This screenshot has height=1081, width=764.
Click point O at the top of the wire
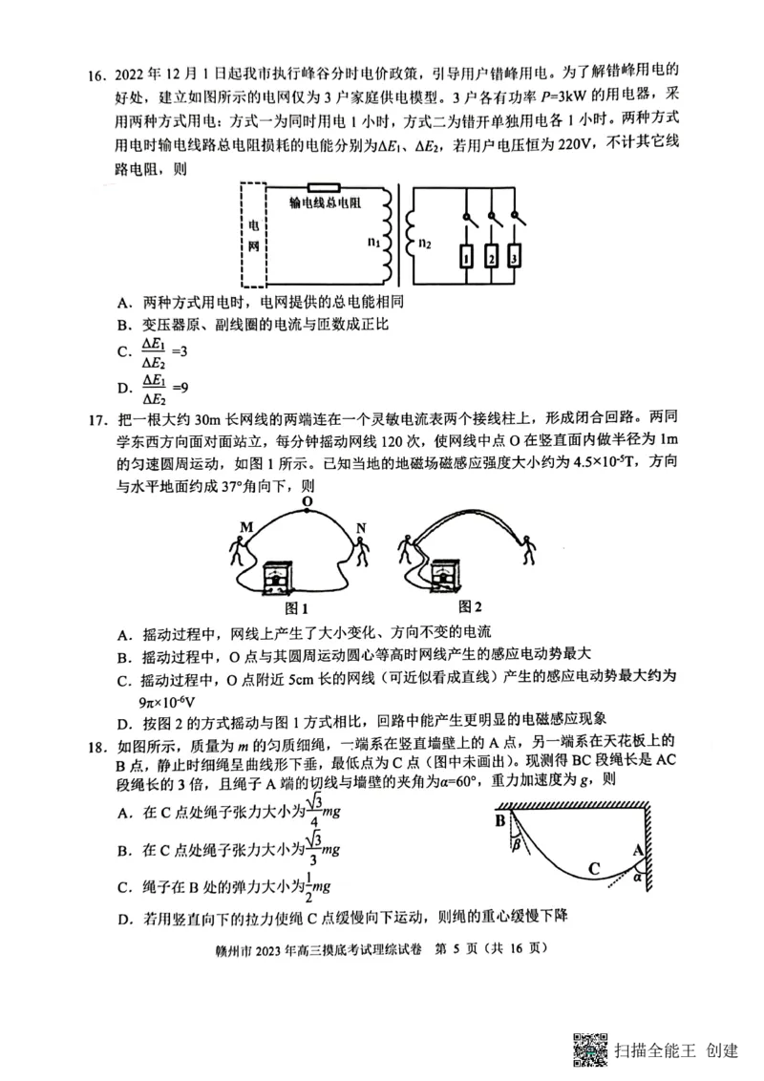pos(307,500)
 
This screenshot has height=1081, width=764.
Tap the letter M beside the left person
pos(246,528)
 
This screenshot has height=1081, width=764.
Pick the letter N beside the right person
pos(361,528)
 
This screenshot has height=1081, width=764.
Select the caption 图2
pos(470,605)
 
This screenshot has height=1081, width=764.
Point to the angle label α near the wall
pos(638,879)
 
